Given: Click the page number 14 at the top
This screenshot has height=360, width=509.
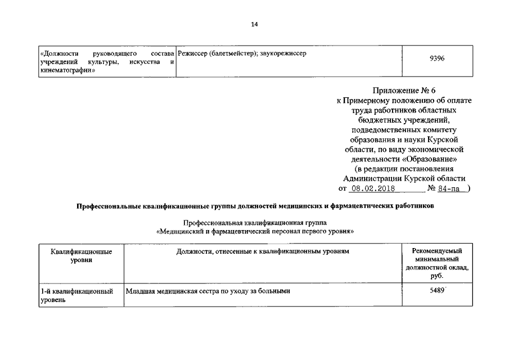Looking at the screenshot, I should click(x=254, y=24).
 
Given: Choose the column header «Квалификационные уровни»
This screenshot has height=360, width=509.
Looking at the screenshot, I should click(x=81, y=255).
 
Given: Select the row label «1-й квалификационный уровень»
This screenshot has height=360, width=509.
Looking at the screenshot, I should click(x=76, y=295).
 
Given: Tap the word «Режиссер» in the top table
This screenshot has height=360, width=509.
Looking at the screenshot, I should click(x=192, y=53).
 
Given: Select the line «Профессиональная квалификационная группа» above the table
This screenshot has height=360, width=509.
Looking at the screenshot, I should click(x=254, y=223).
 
